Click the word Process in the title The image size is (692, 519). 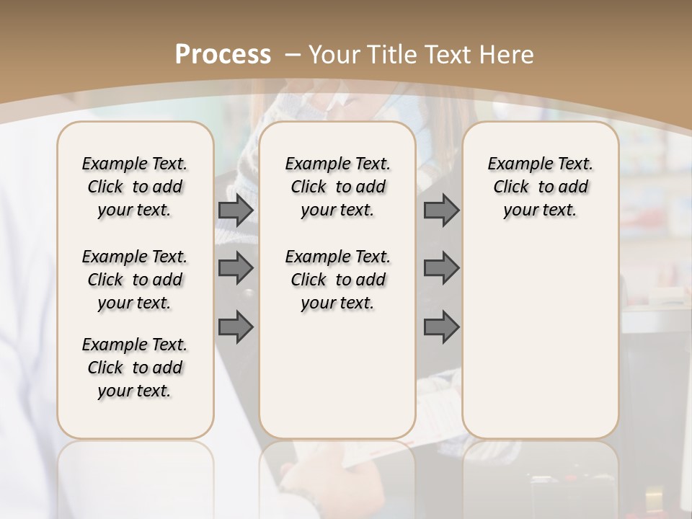pos(223,54)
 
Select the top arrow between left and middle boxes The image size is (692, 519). pos(236,210)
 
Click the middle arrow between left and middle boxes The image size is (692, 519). pos(236,268)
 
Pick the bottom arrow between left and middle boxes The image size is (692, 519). pos(236,327)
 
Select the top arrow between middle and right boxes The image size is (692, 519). pos(441,210)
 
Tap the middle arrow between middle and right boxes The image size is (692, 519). pos(441,268)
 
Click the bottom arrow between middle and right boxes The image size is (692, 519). pos(441,327)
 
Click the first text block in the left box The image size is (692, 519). pos(135,187)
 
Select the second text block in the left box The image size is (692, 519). pos(135,280)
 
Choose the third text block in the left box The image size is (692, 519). pos(135,368)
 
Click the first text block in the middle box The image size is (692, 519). pos(337,187)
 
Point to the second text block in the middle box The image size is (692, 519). pos(337,280)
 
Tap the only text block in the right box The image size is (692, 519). pos(540,187)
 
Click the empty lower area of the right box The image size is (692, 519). pos(540,339)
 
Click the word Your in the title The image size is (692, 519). pos(333,54)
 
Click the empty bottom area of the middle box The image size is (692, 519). pos(337,382)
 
